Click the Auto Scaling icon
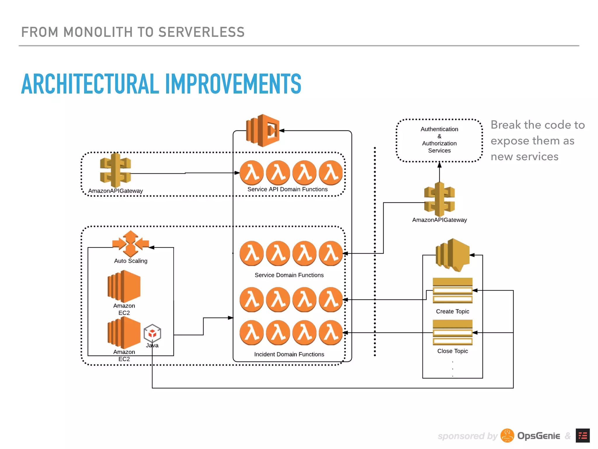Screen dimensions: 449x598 click(131, 244)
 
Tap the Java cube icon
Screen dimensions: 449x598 click(152, 333)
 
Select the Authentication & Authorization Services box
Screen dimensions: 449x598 click(439, 140)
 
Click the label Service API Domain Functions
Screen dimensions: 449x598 click(287, 189)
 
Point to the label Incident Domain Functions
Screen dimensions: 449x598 click(289, 354)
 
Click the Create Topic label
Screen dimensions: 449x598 click(452, 311)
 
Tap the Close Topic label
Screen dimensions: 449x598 click(452, 351)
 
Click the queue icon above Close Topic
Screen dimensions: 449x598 click(452, 332)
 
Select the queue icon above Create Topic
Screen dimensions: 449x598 click(452, 290)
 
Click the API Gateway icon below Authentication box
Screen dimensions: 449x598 click(439, 199)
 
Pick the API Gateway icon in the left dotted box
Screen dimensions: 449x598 click(115, 170)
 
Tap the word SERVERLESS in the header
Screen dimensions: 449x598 click(201, 32)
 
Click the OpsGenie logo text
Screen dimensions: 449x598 click(538, 436)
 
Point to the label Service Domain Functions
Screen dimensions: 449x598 click(289, 275)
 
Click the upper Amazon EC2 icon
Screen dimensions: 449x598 click(124, 286)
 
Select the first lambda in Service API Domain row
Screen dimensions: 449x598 click(251, 172)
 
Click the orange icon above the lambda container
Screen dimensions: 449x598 click(263, 130)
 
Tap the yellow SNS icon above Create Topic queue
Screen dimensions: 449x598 click(452, 254)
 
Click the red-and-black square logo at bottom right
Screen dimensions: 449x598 click(583, 436)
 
